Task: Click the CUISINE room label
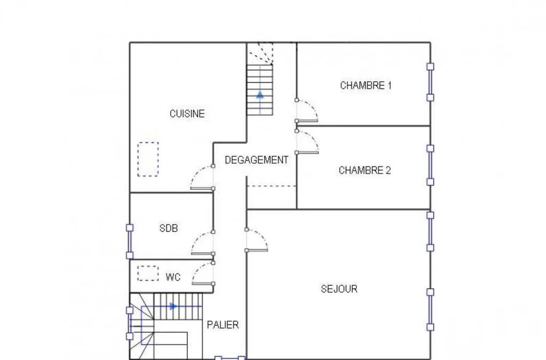[x=187, y=114]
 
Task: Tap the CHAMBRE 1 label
[x=366, y=85]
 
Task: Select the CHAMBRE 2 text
[x=365, y=171]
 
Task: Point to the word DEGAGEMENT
[x=256, y=160]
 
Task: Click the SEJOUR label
[x=339, y=289]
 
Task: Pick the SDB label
[x=169, y=228]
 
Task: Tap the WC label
[x=173, y=277]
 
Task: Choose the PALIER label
[x=223, y=325]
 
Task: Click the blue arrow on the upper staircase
[x=260, y=94]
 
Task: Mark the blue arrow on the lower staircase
[x=173, y=307]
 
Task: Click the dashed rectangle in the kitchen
[x=148, y=159]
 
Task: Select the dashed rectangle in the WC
[x=148, y=274]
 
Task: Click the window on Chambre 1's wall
[x=430, y=82]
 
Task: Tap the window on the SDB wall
[x=130, y=242]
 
